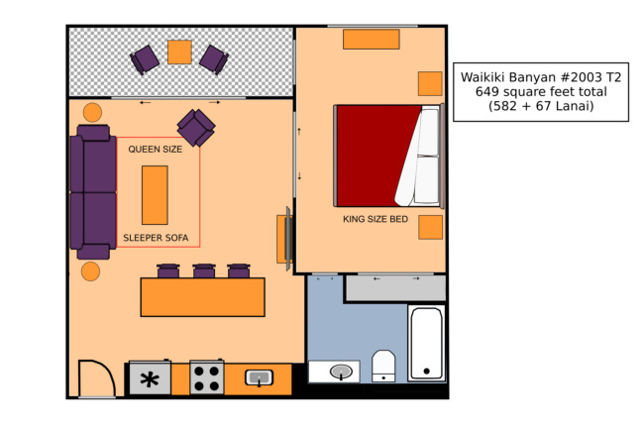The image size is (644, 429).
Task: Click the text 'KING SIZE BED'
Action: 376,219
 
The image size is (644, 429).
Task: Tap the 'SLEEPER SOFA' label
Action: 156,238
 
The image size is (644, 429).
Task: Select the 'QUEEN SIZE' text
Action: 156,149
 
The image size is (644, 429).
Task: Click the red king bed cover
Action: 376,156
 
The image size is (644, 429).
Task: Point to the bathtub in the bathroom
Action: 427,344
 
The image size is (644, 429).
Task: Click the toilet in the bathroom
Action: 383,366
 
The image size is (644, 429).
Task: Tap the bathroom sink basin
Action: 341,372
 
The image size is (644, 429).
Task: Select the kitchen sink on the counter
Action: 260,377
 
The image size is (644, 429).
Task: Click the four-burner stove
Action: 207,377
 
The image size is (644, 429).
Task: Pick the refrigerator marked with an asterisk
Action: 150,378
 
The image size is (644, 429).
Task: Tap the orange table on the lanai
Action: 179,53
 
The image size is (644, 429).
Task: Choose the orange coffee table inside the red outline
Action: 155,195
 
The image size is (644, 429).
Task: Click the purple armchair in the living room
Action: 196,128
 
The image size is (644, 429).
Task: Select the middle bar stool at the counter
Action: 204,270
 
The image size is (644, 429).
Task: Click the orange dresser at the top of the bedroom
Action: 372,40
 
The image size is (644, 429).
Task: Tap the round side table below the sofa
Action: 90,271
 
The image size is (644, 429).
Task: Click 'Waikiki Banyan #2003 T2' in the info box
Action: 541,77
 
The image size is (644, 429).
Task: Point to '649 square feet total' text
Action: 541,91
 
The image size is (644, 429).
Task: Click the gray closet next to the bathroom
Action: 396,287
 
